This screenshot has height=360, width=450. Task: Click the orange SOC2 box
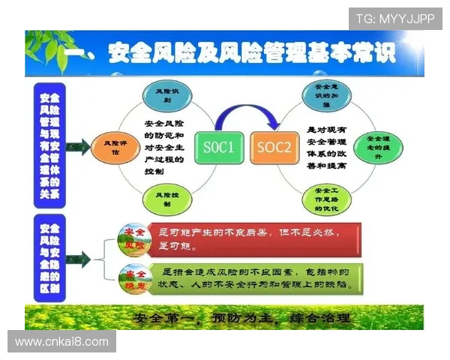tap(272, 148)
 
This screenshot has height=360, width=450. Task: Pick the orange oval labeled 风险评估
tap(110, 147)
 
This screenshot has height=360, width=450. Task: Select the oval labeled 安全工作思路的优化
tap(324, 198)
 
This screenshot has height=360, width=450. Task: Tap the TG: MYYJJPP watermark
tap(394, 19)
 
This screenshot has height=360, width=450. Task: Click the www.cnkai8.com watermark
tap(62, 342)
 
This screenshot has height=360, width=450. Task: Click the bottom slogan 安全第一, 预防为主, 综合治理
tap(241, 317)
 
